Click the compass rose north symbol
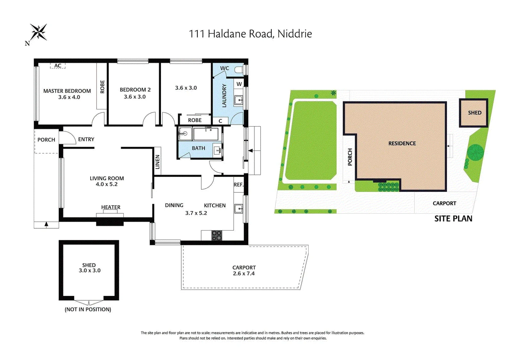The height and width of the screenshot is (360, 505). (38, 32)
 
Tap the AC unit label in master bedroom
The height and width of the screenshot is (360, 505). (58, 66)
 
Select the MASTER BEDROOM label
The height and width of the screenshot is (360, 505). (67, 91)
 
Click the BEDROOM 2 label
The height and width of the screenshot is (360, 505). (135, 90)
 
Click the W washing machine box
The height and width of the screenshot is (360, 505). (239, 84)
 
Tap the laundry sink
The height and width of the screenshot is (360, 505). (239, 100)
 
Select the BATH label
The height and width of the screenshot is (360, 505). (198, 148)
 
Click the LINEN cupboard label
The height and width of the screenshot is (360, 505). (158, 162)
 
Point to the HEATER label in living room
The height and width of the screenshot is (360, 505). (111, 207)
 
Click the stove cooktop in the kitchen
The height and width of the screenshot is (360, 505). (216, 235)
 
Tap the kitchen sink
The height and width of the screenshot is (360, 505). (239, 209)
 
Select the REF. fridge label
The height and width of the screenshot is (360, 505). (238, 185)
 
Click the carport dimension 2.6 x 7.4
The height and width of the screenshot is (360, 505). (244, 274)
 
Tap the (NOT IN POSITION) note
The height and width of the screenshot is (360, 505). (88, 309)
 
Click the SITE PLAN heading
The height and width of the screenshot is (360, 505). (453, 219)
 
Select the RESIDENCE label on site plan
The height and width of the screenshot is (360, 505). (402, 143)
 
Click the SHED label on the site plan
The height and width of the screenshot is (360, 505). (474, 113)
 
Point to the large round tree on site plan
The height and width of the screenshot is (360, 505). (475, 152)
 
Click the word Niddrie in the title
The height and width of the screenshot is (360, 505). (295, 34)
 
